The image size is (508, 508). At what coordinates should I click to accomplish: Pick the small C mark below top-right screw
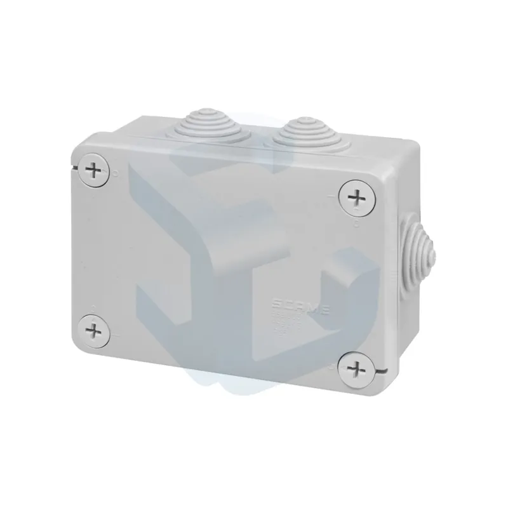[356, 222]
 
